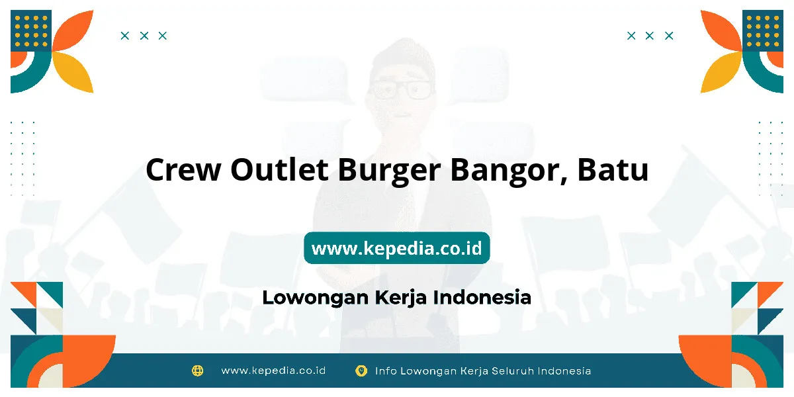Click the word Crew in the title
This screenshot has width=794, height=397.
click(183, 170)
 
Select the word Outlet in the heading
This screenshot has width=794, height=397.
click(279, 169)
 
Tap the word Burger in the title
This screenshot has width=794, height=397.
click(390, 171)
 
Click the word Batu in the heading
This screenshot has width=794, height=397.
click(613, 169)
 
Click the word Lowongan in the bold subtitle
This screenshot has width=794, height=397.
click(316, 298)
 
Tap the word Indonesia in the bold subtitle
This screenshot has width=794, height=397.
click(482, 297)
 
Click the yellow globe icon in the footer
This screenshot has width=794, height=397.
click(197, 371)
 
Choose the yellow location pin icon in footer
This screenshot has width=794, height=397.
click(361, 371)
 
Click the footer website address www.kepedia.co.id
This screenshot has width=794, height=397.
click(273, 371)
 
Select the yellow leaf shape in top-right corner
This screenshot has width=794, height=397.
click(721, 73)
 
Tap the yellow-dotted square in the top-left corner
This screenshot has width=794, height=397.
click(31, 30)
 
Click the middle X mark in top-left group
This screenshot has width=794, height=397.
click(144, 36)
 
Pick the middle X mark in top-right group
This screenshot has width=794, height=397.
click(649, 36)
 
